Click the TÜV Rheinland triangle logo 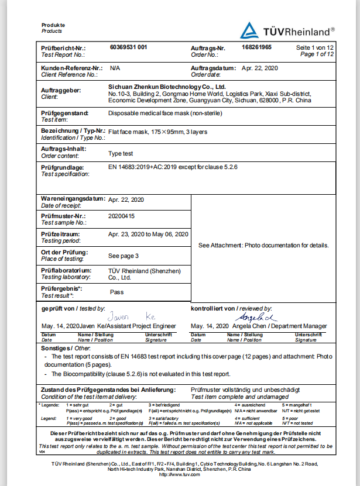click(x=250, y=30)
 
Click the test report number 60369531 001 click(x=128, y=47)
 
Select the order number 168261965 click(x=256, y=47)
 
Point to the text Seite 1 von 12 click(x=315, y=47)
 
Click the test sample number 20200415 click(x=121, y=216)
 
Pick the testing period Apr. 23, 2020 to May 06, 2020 click(x=148, y=234)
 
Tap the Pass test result click(x=117, y=291)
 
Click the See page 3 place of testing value click(x=124, y=256)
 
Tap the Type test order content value click(x=121, y=153)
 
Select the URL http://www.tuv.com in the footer click(x=180, y=474)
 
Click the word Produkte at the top click(x=53, y=25)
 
